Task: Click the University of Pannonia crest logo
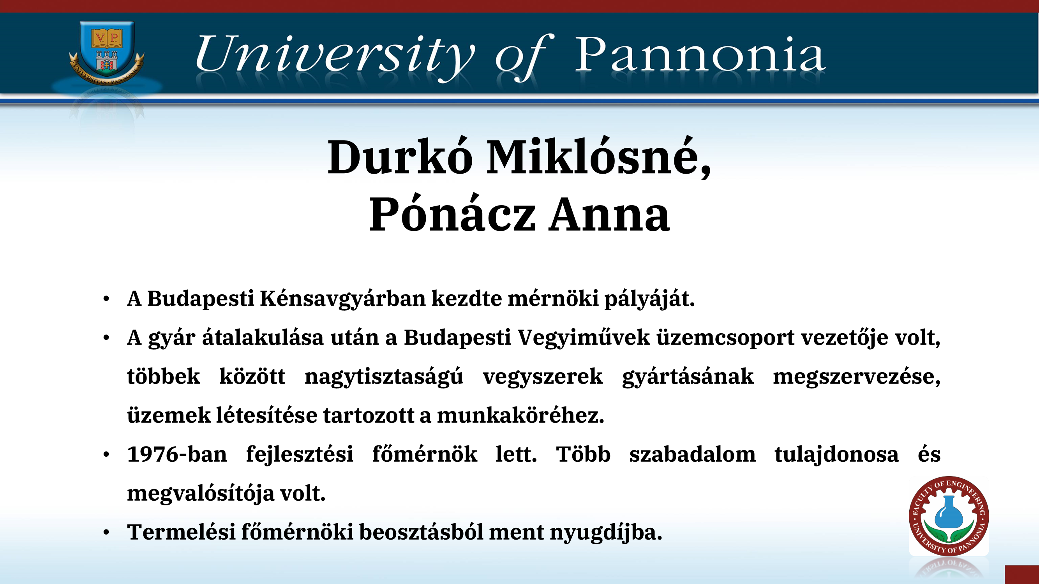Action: [x=106, y=53]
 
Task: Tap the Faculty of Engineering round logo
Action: [x=949, y=516]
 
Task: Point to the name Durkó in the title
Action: [x=400, y=157]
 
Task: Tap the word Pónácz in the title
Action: [x=452, y=215]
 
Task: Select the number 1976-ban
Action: [x=176, y=455]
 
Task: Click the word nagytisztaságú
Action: [x=384, y=377]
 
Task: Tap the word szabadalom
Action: [x=692, y=455]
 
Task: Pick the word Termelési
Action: [x=181, y=532]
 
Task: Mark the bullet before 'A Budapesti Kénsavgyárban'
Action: [x=106, y=299]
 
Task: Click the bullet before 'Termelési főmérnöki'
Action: [x=106, y=532]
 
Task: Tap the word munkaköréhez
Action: [x=520, y=415]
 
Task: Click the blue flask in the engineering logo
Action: [x=949, y=512]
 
